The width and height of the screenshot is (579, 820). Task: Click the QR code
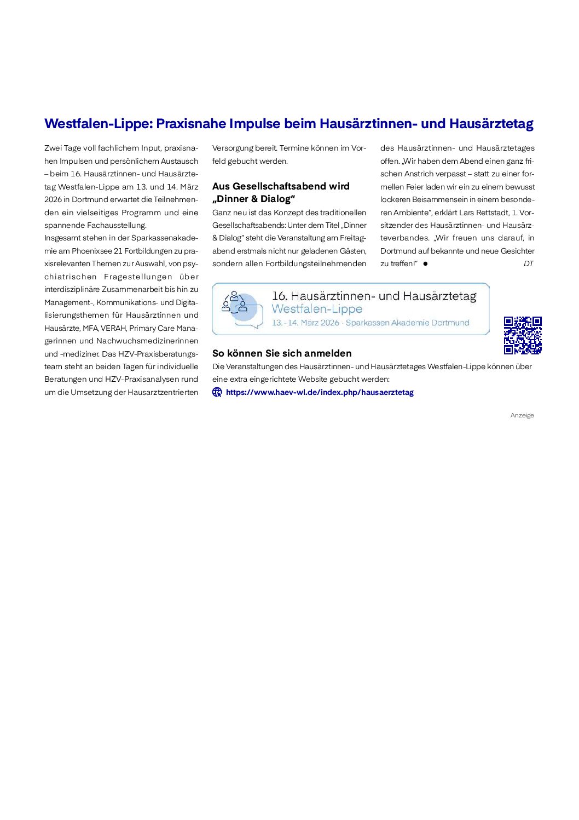coord(523,335)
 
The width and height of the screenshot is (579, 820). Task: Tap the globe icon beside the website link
coord(217,392)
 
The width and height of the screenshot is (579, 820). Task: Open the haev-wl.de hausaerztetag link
coord(320,392)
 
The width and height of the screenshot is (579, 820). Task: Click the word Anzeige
coord(522,415)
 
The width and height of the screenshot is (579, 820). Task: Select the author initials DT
coord(528,263)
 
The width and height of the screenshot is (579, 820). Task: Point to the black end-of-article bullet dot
coord(425,264)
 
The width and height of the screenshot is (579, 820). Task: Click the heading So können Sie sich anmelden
coord(282,353)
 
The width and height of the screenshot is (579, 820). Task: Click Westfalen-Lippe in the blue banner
coord(317,309)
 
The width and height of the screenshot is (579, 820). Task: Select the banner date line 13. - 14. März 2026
coord(305,323)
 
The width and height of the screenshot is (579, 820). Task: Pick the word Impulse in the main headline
coord(254,124)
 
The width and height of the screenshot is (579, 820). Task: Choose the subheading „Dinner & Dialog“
coord(254,199)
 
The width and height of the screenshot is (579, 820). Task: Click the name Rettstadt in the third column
coord(492,212)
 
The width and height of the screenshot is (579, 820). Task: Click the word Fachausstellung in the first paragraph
coord(117,225)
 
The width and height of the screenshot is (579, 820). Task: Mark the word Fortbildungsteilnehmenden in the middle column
coord(316,263)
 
